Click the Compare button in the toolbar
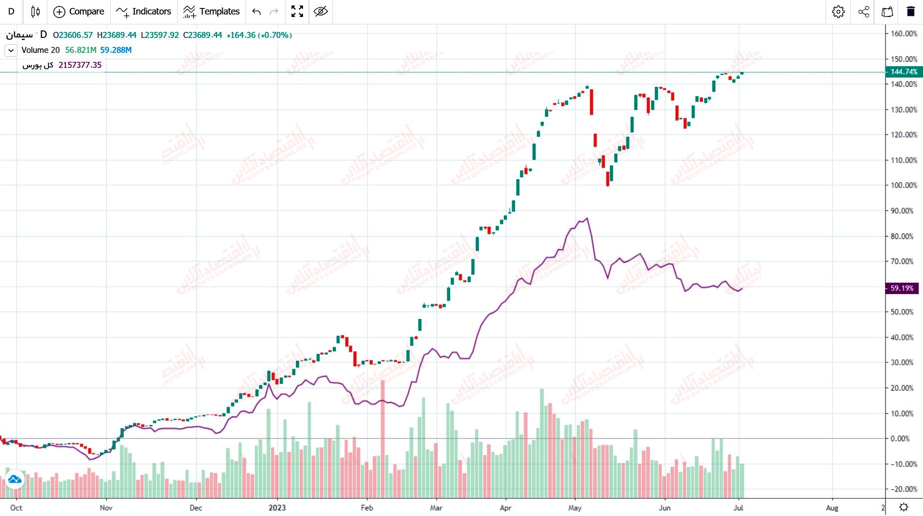79,11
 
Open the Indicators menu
143,11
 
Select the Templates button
211,11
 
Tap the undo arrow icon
257,11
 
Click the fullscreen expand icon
297,11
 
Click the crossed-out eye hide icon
320,11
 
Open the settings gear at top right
838,11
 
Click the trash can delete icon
911,11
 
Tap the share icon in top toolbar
864,11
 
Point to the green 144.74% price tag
904,72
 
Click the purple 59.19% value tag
902,288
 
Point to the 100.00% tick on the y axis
904,185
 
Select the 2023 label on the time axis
277,508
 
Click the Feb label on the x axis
367,508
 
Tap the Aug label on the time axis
832,508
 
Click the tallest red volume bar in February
383,439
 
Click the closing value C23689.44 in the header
203,35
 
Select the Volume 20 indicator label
40,50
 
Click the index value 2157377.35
80,65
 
